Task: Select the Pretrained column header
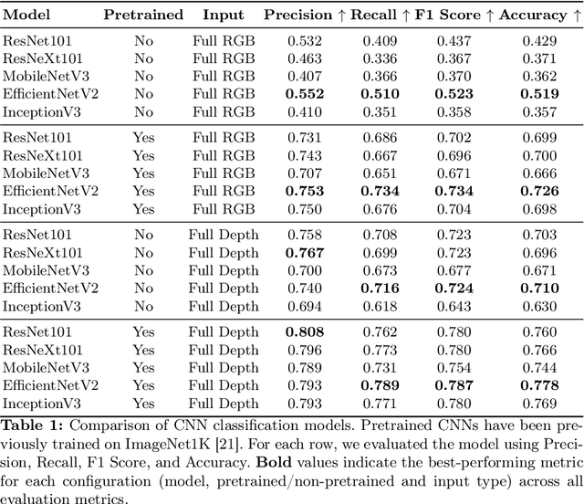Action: pos(143,15)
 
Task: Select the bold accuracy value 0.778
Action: pos(538,386)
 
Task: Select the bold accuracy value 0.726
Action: pos(538,190)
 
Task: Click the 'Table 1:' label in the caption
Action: pos(28,423)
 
